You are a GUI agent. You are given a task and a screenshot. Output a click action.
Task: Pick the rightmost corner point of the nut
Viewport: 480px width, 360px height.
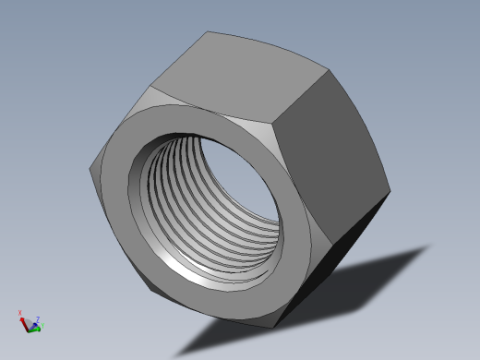[x=390, y=192]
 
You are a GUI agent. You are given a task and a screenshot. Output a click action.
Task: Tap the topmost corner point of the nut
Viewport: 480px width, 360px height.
[x=205, y=31]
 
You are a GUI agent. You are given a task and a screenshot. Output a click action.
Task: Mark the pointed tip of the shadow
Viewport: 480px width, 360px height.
[x=430, y=246]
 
